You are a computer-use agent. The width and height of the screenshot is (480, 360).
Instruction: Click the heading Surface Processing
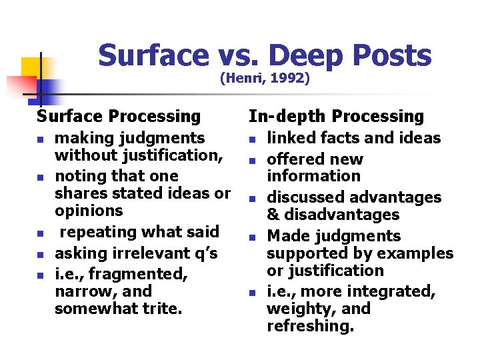119,116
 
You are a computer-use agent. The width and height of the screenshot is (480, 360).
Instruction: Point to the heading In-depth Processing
336,116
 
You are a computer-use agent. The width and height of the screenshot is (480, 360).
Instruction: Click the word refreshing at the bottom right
310,326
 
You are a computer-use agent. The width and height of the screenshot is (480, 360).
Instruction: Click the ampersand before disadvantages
273,215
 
